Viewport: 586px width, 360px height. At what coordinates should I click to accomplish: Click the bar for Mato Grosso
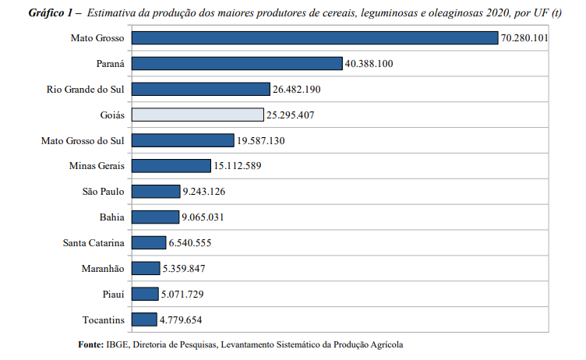(x=314, y=38)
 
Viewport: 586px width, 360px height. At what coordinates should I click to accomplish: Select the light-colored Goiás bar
(x=197, y=115)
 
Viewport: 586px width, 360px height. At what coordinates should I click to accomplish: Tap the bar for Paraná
(x=237, y=64)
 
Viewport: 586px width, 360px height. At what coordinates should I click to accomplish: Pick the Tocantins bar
(x=144, y=319)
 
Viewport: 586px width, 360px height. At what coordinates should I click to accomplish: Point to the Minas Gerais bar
(x=171, y=166)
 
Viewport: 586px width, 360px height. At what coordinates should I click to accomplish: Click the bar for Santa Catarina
(x=148, y=242)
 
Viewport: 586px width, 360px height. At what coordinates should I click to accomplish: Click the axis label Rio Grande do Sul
(x=86, y=90)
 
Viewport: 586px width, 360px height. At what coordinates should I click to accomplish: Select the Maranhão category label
(x=103, y=269)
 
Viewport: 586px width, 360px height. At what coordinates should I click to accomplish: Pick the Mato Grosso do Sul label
(x=83, y=140)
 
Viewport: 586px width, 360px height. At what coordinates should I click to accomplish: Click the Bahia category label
(x=111, y=217)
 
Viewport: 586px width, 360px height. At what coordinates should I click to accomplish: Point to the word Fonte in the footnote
(x=91, y=344)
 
